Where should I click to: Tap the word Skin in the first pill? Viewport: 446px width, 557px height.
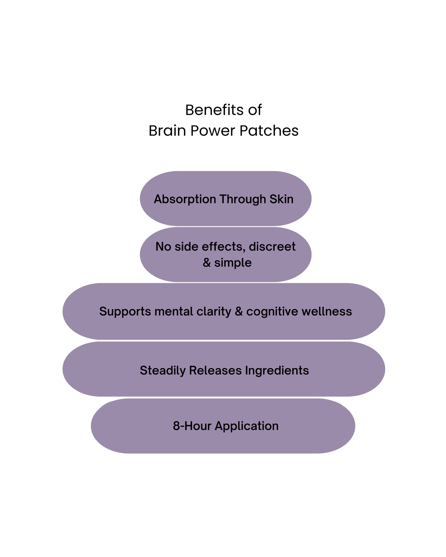[281, 199]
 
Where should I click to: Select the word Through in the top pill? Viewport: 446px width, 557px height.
[243, 199]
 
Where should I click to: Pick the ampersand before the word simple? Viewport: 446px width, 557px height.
[206, 263]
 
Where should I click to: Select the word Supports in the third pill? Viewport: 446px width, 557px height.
[125, 312]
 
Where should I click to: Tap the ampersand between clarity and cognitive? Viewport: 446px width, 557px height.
[239, 312]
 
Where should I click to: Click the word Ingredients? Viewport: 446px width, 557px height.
[277, 370]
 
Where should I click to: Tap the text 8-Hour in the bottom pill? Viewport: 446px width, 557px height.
[192, 426]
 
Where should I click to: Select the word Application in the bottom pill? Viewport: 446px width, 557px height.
[247, 426]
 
